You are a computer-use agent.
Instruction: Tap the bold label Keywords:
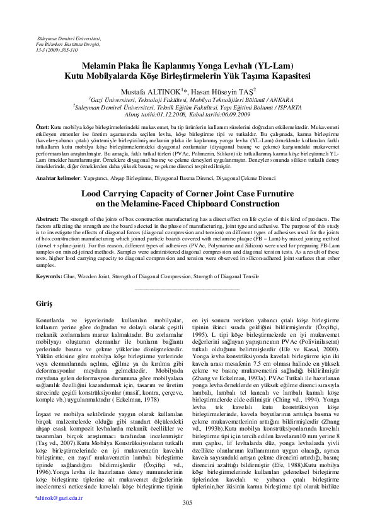click(49, 276)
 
